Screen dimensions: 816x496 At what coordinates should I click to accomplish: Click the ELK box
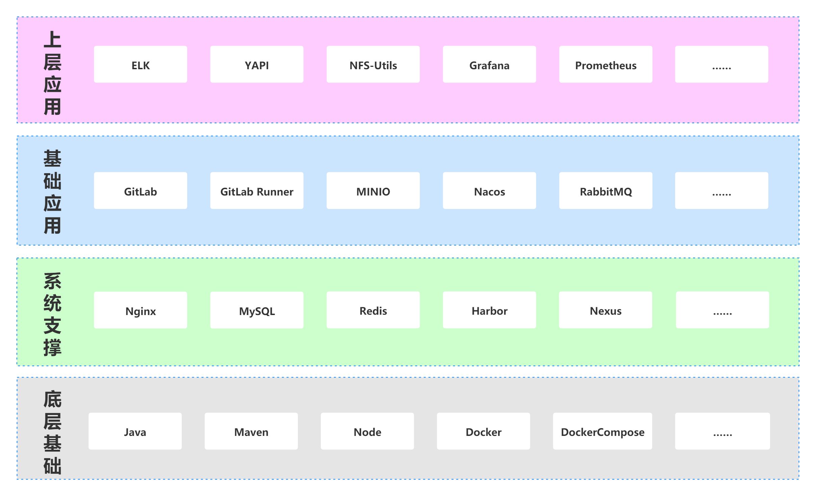(141, 64)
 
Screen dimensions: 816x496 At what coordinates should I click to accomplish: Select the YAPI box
(257, 64)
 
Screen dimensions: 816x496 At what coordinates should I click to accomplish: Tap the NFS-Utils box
(373, 64)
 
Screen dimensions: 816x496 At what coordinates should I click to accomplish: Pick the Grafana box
(489, 64)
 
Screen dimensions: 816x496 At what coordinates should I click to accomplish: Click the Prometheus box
(606, 64)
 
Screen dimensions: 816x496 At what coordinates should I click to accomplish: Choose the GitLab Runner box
(257, 190)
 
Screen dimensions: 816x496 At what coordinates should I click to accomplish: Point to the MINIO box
(373, 190)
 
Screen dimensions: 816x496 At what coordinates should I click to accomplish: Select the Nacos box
(489, 190)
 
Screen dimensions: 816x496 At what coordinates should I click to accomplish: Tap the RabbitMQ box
(606, 190)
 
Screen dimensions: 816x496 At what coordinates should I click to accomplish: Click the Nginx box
(141, 310)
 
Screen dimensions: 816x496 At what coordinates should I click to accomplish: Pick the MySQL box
(257, 310)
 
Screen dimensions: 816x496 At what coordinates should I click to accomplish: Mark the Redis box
(373, 310)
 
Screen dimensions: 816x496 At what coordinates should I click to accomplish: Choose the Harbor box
(489, 310)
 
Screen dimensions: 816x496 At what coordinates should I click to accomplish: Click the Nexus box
(606, 310)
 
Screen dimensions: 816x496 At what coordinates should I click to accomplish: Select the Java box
(135, 431)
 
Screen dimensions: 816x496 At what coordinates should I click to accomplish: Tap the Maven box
(251, 431)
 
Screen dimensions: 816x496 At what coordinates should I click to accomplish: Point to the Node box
(367, 431)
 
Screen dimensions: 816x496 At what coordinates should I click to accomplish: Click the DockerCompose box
(603, 431)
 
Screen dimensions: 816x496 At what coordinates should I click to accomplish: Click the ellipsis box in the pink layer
(722, 64)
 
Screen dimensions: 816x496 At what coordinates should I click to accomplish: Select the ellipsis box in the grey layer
(722, 431)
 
